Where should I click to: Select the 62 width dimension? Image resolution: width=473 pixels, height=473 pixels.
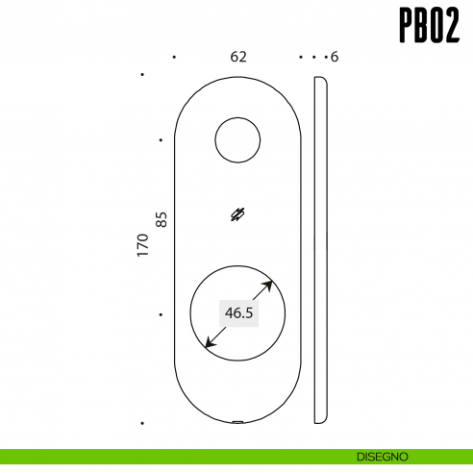[238, 57]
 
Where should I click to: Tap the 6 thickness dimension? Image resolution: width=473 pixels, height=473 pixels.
[334, 58]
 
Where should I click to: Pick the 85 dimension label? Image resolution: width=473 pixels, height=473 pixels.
[162, 219]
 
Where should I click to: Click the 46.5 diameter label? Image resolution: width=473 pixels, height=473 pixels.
[238, 312]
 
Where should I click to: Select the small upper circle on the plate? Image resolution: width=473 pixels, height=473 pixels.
[237, 140]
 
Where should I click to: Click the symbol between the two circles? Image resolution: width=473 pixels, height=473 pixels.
[237, 215]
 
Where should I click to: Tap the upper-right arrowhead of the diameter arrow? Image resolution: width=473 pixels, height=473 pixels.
[270, 284]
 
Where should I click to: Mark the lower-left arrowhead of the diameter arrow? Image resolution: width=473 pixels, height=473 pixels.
[209, 344]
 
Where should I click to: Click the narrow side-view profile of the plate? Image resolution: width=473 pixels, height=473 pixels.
[321, 250]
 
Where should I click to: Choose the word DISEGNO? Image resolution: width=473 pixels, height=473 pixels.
[384, 455]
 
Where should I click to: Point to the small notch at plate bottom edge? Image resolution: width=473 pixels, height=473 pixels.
[237, 421]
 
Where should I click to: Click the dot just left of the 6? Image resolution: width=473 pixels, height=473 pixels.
[326, 58]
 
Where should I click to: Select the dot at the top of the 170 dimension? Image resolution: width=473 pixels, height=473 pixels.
[142, 74]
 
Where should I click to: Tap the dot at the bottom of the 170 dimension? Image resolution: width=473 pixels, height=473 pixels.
[142, 423]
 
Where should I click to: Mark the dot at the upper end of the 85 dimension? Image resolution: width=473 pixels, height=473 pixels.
[161, 140]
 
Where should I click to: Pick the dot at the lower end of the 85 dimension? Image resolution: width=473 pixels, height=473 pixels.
[161, 314]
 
